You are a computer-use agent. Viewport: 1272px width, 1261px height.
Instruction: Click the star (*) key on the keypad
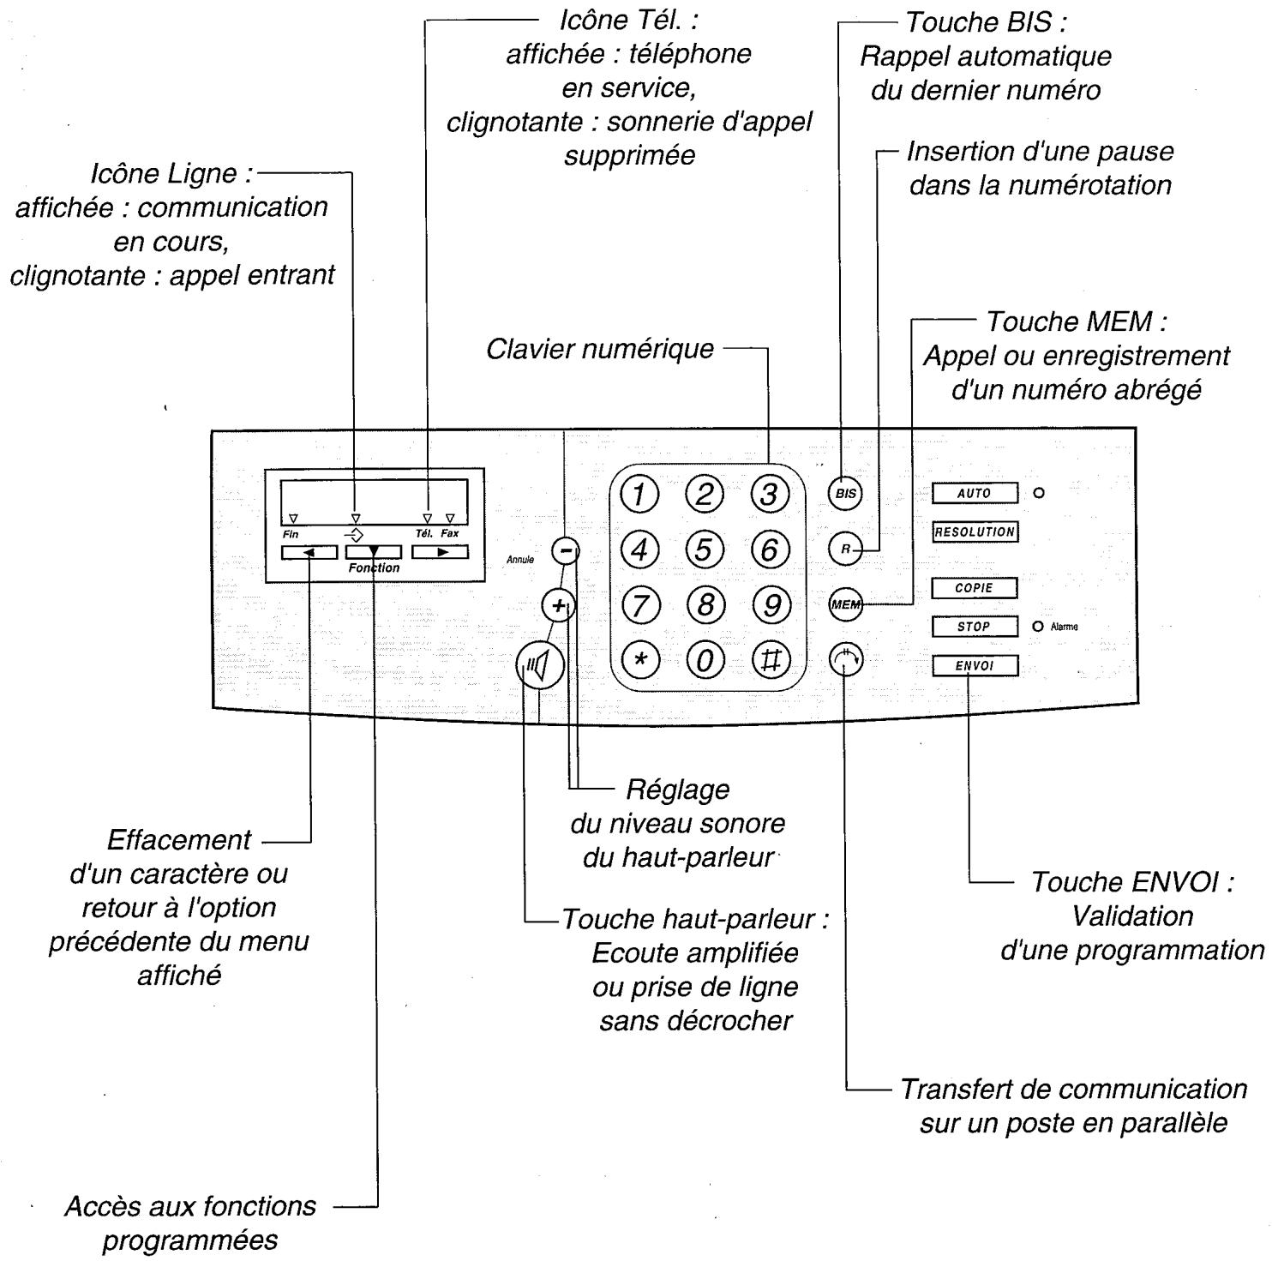click(639, 660)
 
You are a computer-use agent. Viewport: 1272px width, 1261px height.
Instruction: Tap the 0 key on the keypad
click(704, 660)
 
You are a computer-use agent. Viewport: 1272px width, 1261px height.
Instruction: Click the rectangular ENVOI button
click(975, 666)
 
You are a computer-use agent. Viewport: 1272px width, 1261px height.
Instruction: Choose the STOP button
click(975, 627)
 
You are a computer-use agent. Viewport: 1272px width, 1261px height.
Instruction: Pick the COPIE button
click(975, 588)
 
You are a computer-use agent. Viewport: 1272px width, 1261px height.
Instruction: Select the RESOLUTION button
click(975, 531)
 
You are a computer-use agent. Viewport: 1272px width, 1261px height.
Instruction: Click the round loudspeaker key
click(540, 666)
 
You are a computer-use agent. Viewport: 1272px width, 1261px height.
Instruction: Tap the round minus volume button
click(565, 550)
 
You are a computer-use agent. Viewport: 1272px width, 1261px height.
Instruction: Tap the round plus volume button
click(559, 606)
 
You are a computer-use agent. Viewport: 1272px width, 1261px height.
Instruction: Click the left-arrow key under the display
click(309, 552)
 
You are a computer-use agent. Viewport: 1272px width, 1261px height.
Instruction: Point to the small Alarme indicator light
click(1038, 627)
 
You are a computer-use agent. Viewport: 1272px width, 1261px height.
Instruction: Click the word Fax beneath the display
click(450, 533)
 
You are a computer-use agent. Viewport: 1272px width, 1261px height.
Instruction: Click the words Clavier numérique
click(600, 349)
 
